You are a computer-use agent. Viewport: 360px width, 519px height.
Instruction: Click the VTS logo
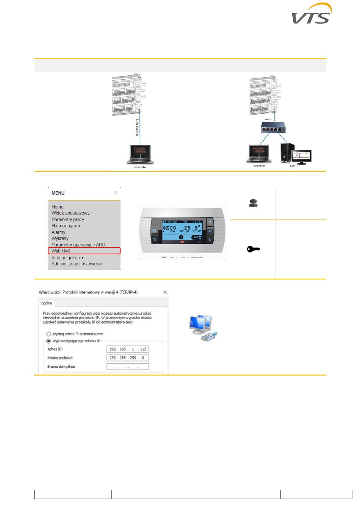point(311,14)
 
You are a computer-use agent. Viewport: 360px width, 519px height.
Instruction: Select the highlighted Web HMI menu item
point(61,251)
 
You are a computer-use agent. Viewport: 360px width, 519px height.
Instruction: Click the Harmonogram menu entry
point(66,226)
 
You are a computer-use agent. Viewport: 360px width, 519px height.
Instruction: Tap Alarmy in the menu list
point(59,232)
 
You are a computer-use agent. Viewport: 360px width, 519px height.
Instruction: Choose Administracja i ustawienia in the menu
point(77,264)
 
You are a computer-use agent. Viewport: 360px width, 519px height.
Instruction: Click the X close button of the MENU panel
point(116,193)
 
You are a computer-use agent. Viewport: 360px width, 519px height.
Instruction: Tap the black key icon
point(254,249)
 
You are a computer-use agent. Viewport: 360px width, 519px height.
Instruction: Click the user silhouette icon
point(253,203)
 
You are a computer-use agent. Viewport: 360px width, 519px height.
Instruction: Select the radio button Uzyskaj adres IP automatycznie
point(49,334)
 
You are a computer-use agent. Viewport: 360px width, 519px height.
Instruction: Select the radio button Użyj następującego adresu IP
point(49,341)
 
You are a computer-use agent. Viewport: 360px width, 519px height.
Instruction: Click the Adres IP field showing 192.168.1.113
point(127,349)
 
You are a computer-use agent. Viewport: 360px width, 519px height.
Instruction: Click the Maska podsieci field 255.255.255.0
point(127,358)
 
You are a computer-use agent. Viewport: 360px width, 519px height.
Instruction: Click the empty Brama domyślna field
point(127,367)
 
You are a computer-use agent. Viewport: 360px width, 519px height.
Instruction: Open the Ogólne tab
point(47,303)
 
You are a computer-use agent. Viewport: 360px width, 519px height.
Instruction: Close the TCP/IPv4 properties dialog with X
point(165,292)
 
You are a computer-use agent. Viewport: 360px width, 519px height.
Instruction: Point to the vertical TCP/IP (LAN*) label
point(137,128)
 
